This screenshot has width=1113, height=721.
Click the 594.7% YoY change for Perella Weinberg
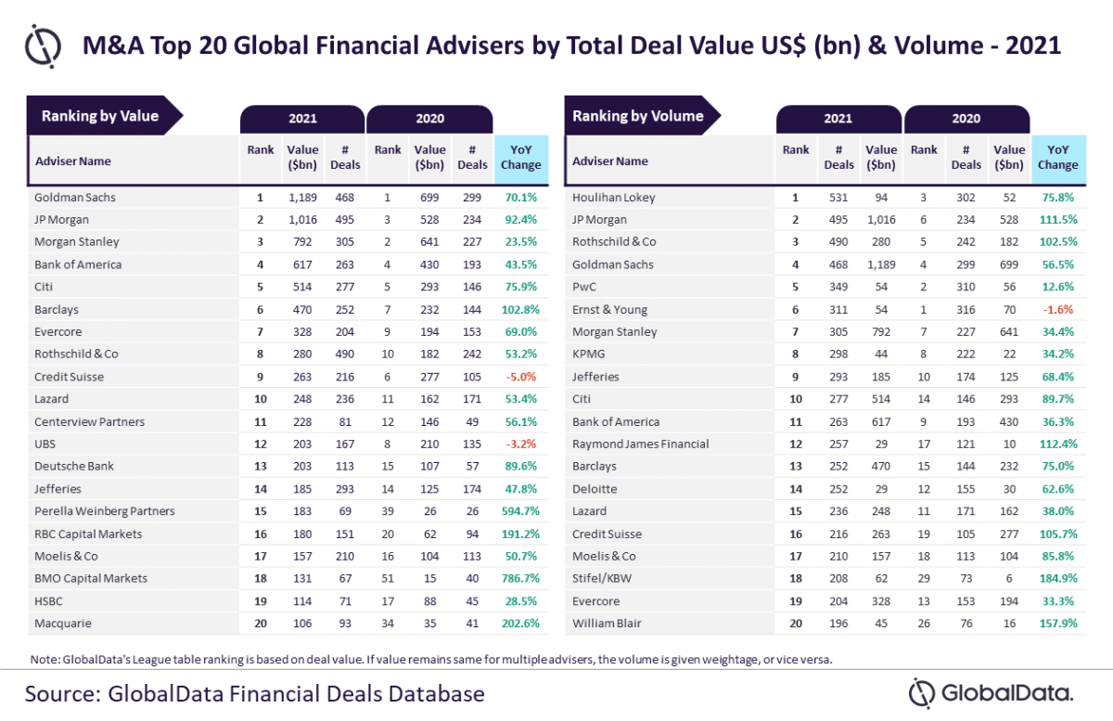point(520,511)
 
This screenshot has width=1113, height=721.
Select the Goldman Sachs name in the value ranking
point(75,198)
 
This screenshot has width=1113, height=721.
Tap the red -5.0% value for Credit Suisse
point(520,377)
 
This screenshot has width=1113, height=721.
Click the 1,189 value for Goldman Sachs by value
point(302,198)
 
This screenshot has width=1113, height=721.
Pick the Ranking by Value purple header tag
point(100,116)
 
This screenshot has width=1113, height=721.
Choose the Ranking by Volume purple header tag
point(638,116)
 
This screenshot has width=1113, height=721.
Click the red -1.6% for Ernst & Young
point(1058,310)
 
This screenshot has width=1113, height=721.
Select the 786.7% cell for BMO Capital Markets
point(520,578)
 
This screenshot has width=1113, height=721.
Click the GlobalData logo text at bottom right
point(1006,693)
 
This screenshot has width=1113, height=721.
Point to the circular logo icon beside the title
point(43,45)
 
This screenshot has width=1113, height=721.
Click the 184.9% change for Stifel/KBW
point(1058,579)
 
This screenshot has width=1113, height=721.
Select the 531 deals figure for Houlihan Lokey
point(838,198)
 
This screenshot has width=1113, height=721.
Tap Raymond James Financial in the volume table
point(640,444)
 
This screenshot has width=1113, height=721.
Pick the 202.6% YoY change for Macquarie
point(520,624)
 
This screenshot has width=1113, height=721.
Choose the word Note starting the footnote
point(44,660)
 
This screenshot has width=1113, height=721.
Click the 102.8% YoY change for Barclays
point(520,310)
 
